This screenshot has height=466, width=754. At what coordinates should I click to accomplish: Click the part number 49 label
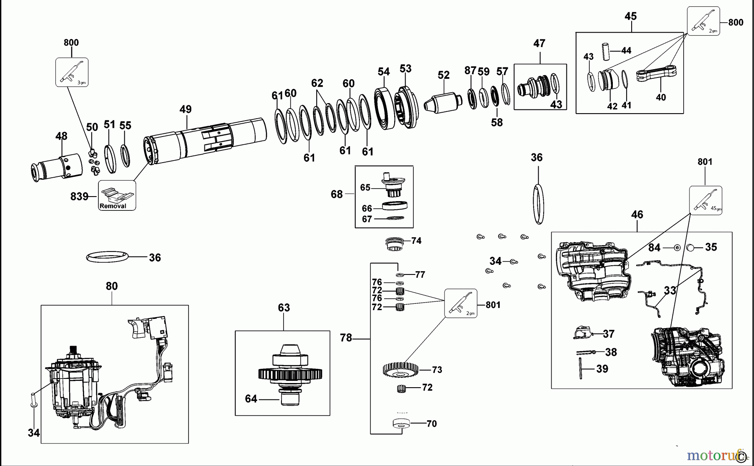185,109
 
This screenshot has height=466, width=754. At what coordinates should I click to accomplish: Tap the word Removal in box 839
113,206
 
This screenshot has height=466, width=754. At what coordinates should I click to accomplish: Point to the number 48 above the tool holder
61,136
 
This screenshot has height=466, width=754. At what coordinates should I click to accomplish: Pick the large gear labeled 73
401,369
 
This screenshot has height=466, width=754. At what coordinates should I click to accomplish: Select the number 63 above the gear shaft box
284,308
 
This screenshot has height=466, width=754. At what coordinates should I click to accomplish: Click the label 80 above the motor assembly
111,286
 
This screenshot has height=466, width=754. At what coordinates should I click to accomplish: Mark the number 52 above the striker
443,75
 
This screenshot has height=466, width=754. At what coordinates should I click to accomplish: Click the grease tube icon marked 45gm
705,200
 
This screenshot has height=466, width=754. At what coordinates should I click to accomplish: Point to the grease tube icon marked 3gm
72,72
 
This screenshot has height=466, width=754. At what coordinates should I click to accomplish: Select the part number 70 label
431,424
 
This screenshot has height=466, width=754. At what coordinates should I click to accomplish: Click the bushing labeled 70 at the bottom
400,424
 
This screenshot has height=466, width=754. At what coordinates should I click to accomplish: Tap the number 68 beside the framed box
336,194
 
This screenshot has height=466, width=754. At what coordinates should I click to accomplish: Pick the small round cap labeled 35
690,248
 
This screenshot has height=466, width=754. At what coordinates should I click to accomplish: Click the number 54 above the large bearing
383,72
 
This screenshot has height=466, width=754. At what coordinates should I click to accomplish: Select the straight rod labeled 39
581,368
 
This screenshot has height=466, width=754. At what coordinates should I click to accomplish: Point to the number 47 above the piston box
539,43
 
